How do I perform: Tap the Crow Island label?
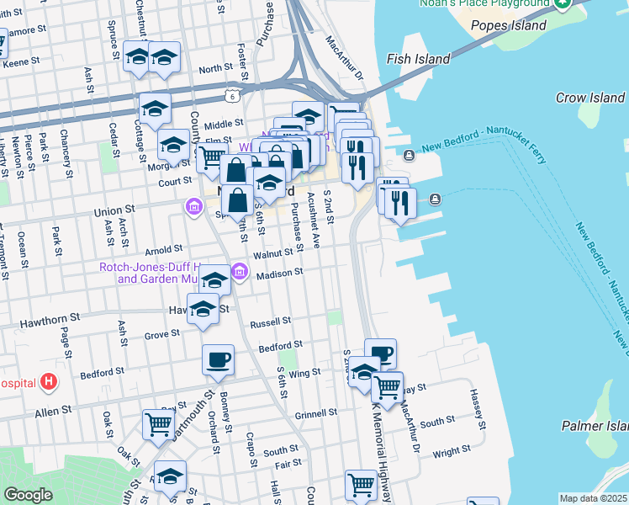coord(589,98)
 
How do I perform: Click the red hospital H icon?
coord(50,382)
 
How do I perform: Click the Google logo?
coord(29,495)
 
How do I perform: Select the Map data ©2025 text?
coord(593,498)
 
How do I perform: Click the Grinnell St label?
coord(316,413)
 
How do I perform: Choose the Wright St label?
coord(445,453)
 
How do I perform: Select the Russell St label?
coord(270,322)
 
